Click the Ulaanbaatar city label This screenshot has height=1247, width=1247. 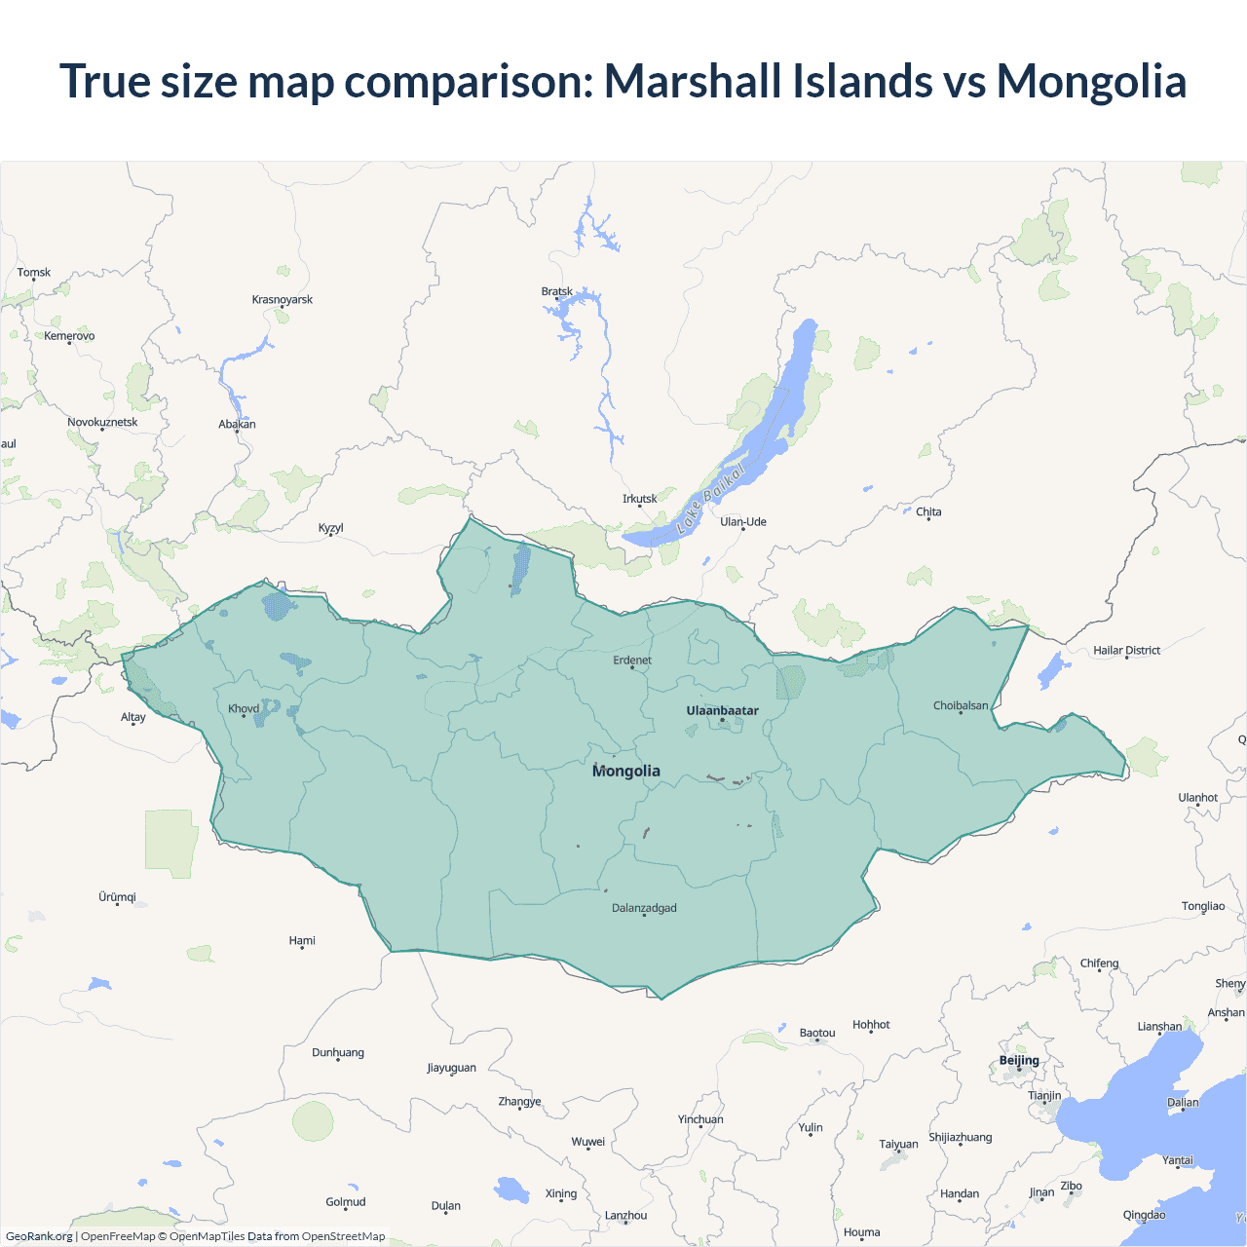tap(722, 710)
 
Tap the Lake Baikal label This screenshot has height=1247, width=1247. tap(710, 498)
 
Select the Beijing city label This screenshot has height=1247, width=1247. tap(1019, 1060)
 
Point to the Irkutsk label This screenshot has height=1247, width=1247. tap(639, 499)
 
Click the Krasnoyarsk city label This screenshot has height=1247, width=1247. tap(282, 299)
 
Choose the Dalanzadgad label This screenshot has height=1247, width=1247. tap(644, 908)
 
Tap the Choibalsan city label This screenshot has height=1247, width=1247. tap(960, 705)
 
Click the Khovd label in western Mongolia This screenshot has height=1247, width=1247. tap(244, 708)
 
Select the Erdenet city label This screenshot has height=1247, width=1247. tap(632, 660)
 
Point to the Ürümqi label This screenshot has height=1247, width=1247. tap(117, 896)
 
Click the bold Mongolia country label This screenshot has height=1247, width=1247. tap(626, 771)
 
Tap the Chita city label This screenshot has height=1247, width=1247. tap(928, 511)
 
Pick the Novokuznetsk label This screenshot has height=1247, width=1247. tap(102, 422)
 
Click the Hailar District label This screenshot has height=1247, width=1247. tap(1126, 650)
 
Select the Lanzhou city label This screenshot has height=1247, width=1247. tap(625, 1215)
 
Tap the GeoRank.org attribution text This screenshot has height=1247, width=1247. tap(39, 1236)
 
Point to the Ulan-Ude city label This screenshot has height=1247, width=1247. tap(743, 521)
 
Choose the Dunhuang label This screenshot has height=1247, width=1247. tap(338, 1052)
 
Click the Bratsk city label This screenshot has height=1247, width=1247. tap(556, 291)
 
